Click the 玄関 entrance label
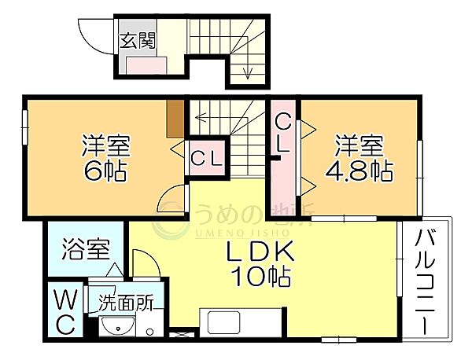(138, 41)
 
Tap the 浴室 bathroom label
(86, 249)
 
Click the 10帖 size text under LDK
(261, 277)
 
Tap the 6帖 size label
(105, 171)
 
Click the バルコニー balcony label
(426, 281)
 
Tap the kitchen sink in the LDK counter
(224, 321)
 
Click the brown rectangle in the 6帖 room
(175, 119)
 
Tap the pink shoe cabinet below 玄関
(146, 65)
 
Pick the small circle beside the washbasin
(149, 332)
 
